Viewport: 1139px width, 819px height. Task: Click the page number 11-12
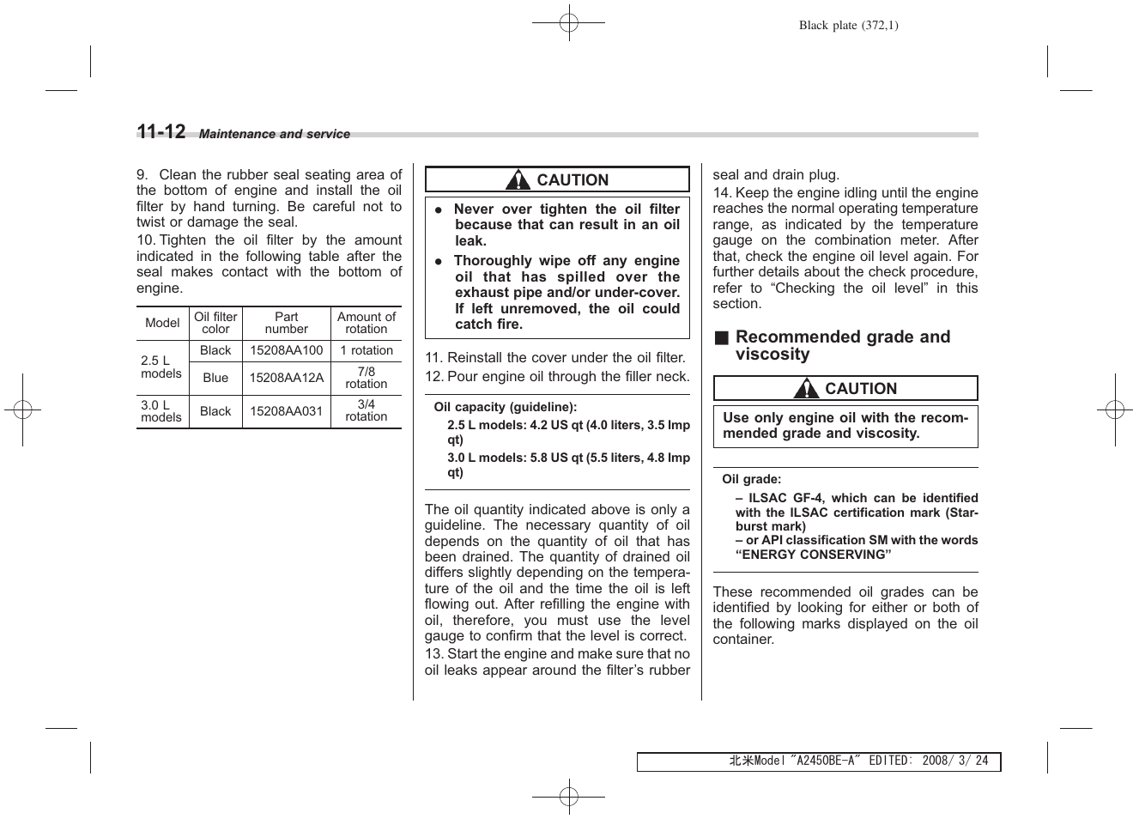pyautogui.click(x=161, y=131)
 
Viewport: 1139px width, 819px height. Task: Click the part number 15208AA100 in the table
pyautogui.click(x=286, y=350)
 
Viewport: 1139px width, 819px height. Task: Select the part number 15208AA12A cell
pyautogui.click(x=286, y=378)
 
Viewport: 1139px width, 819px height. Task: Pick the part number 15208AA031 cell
pyautogui.click(x=286, y=411)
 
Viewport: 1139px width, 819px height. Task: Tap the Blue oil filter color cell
pyautogui.click(x=215, y=378)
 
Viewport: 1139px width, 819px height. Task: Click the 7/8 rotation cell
pyautogui.click(x=367, y=378)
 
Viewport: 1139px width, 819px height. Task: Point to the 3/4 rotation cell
pyautogui.click(x=367, y=410)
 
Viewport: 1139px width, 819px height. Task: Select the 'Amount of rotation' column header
pyautogui.click(x=367, y=323)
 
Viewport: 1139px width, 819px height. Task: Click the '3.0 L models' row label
pyautogui.click(x=161, y=411)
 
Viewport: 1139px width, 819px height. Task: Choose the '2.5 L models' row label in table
pyautogui.click(x=161, y=367)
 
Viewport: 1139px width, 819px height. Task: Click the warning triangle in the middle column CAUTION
pyautogui.click(x=518, y=180)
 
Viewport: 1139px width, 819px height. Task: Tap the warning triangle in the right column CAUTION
pyautogui.click(x=806, y=389)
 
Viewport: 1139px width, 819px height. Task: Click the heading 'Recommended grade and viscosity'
pyautogui.click(x=842, y=345)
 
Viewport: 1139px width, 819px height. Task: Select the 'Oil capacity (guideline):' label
pyautogui.click(x=505, y=407)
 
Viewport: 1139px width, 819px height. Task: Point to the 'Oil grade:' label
pyautogui.click(x=751, y=480)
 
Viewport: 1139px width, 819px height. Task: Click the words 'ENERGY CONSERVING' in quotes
pyautogui.click(x=813, y=555)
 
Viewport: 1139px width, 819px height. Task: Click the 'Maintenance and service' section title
pyautogui.click(x=275, y=134)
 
